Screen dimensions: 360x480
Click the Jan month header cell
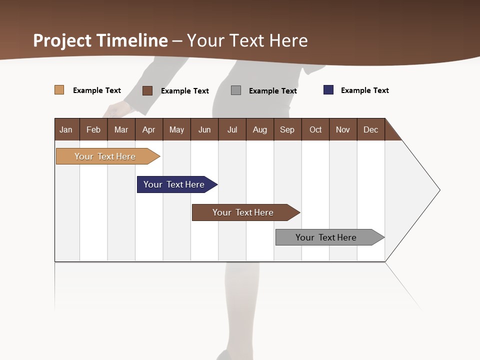click(x=66, y=129)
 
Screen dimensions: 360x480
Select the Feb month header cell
click(x=93, y=129)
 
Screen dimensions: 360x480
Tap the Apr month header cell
click(x=149, y=129)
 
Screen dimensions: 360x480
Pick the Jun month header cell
click(x=204, y=129)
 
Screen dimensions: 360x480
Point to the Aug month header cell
click(x=260, y=129)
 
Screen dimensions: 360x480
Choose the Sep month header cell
click(x=287, y=129)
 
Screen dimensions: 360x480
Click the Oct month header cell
click(x=315, y=129)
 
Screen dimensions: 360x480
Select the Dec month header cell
click(x=371, y=129)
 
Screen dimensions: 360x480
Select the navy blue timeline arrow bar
click(x=175, y=184)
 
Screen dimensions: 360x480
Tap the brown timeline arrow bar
click(x=244, y=212)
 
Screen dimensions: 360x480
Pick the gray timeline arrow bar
click(x=327, y=237)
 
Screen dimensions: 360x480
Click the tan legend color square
click(x=59, y=90)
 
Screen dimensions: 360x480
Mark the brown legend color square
click(x=147, y=90)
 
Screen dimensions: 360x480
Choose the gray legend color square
click(x=236, y=90)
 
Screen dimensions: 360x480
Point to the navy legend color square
click(x=328, y=90)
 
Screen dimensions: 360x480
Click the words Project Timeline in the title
click(x=100, y=40)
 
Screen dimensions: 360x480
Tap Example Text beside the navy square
click(x=364, y=90)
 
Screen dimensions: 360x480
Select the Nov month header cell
click(x=343, y=129)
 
